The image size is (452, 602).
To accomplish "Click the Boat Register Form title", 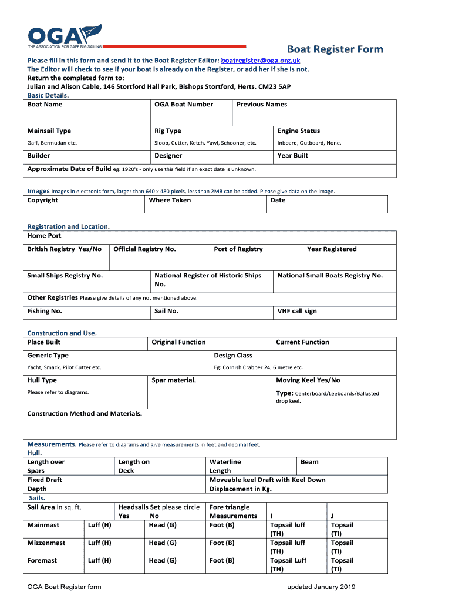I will click(x=335, y=49).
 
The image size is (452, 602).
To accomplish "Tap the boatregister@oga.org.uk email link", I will click(x=261, y=61).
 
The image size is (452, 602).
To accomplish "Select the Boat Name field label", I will click(x=45, y=105).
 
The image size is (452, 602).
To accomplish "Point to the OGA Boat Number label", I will click(x=184, y=105).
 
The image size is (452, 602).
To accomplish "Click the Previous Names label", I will click(x=262, y=105).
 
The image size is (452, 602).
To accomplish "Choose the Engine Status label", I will click(x=299, y=131).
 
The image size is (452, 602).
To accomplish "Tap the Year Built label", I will click(x=293, y=156).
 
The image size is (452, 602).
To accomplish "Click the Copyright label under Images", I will click(x=43, y=200).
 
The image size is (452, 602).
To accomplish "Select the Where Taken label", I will click(x=170, y=200).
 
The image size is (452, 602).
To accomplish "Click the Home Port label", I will click(x=45, y=236).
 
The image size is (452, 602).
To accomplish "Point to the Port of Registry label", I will click(x=238, y=249).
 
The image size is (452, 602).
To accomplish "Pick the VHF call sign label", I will click(x=297, y=311).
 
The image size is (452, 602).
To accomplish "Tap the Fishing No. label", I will click(x=45, y=311).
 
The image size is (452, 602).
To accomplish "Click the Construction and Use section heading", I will click(x=62, y=333).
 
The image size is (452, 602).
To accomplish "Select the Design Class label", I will click(x=233, y=356).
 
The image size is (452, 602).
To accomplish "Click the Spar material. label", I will click(x=174, y=380).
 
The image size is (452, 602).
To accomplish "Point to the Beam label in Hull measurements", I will click(x=309, y=462).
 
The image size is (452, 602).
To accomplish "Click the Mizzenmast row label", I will click(x=46, y=543).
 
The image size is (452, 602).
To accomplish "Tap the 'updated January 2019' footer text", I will click(x=321, y=587).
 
